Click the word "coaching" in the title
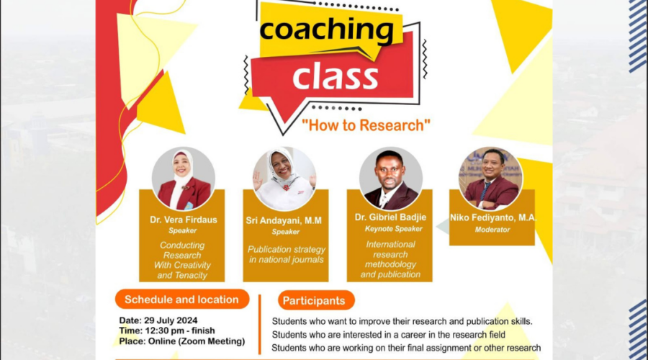(326, 31)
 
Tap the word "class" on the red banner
(335, 76)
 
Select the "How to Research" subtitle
(366, 125)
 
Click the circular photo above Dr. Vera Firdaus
(184, 179)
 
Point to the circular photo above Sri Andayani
(284, 179)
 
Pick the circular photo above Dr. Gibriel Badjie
(390, 179)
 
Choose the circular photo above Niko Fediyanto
(490, 179)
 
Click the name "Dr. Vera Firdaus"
(184, 220)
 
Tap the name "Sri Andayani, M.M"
(284, 221)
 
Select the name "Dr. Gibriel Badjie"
(390, 217)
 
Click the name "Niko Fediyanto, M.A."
(493, 218)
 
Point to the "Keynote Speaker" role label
(393, 229)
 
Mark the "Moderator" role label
(492, 230)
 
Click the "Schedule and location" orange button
(182, 300)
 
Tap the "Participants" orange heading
(316, 300)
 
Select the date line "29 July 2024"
(171, 320)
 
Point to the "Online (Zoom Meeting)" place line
(197, 341)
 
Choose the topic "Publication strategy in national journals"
(287, 255)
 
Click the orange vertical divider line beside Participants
(259, 325)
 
